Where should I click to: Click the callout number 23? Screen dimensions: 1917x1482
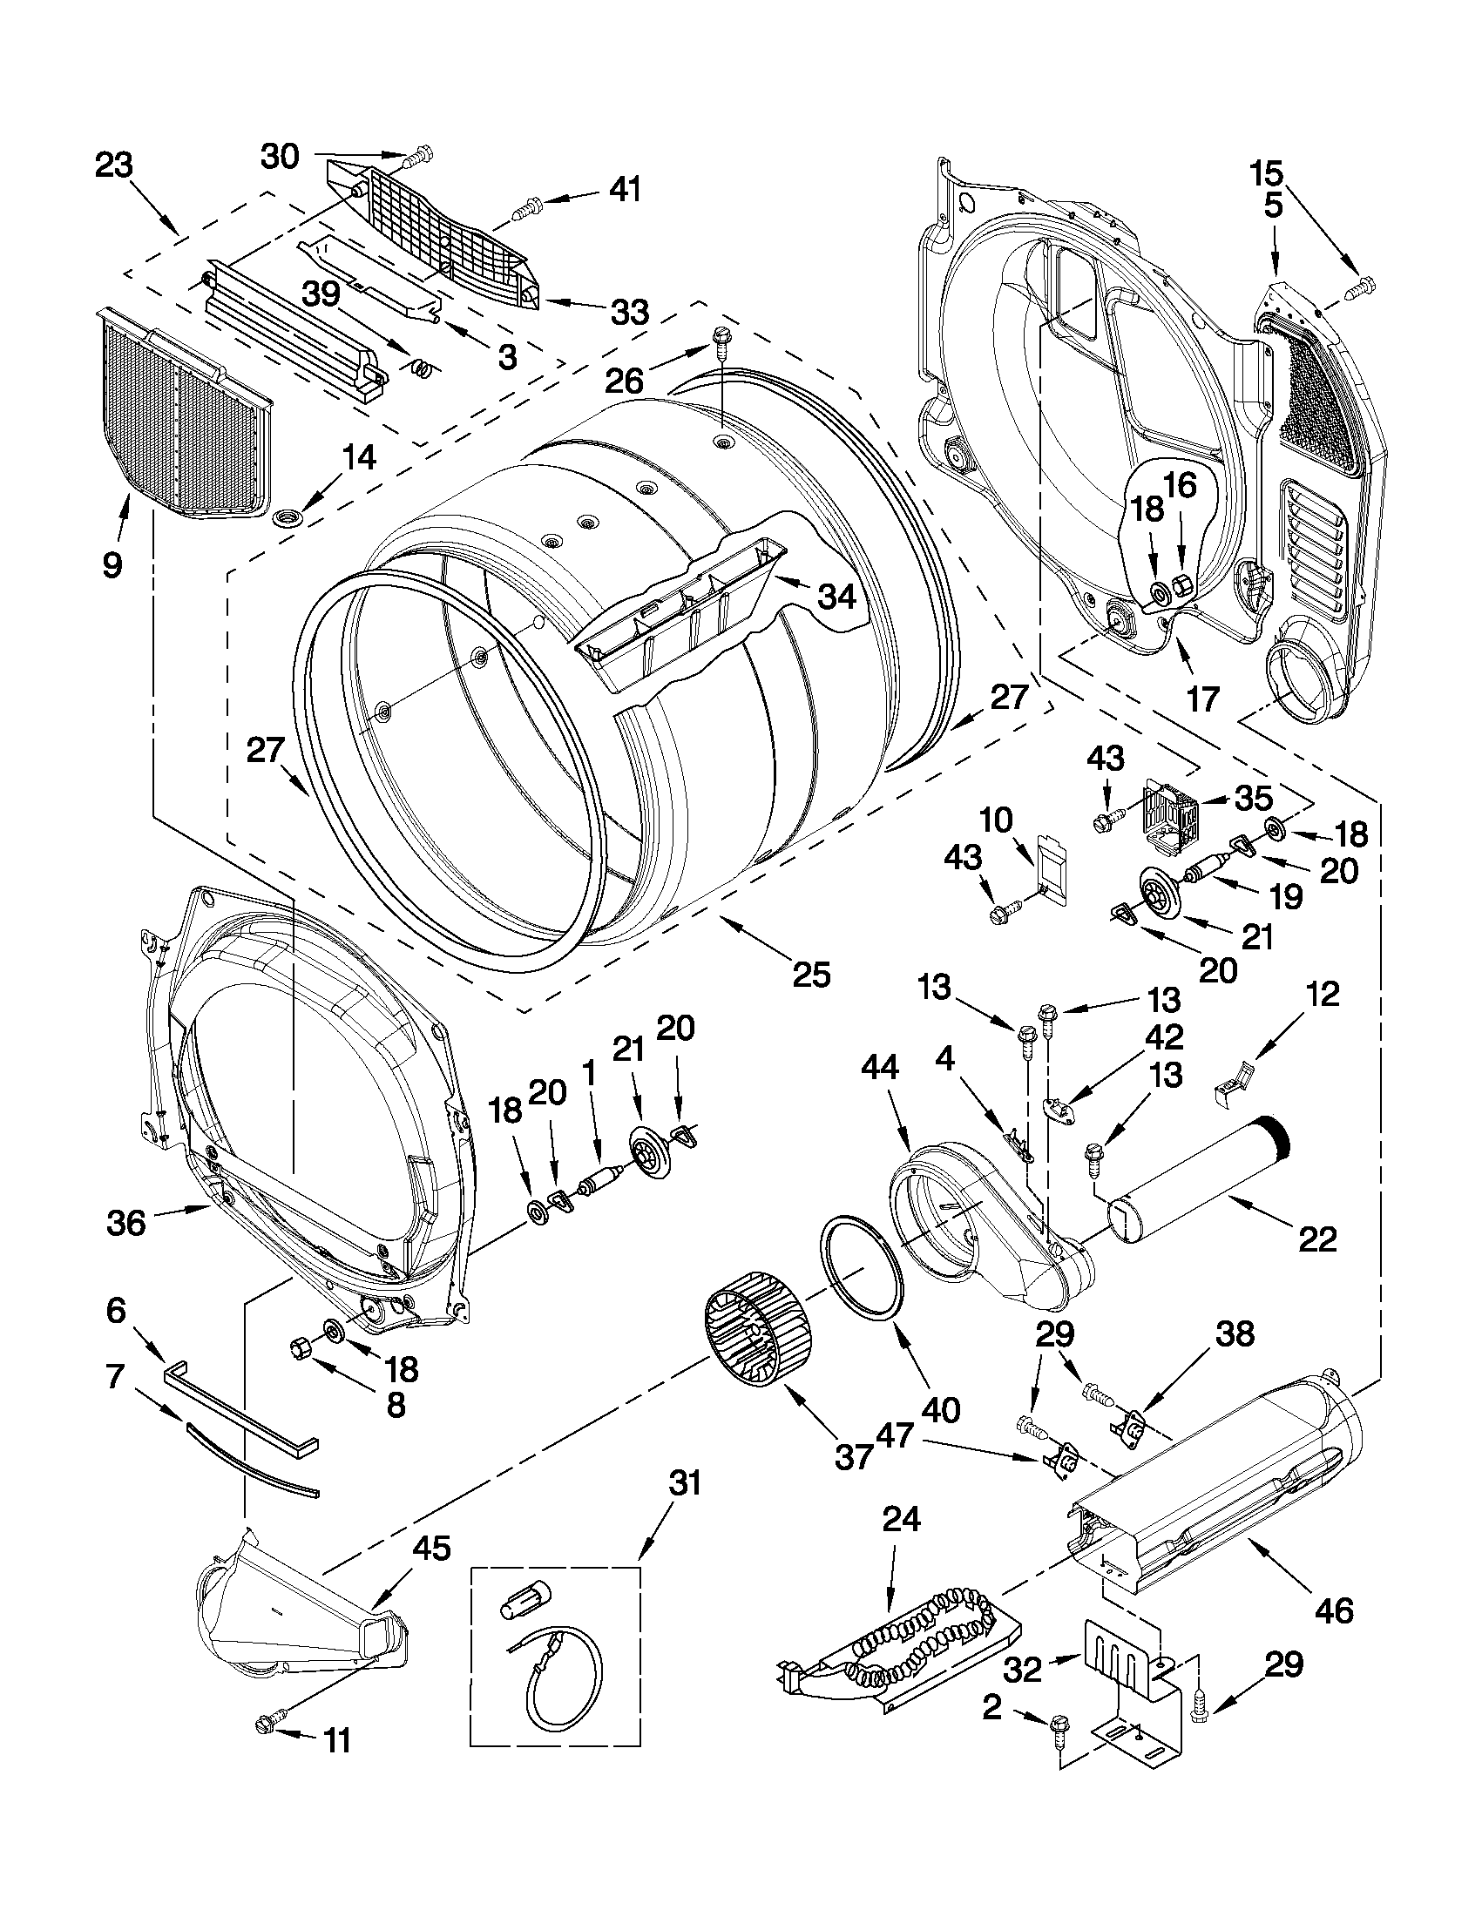[114, 165]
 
